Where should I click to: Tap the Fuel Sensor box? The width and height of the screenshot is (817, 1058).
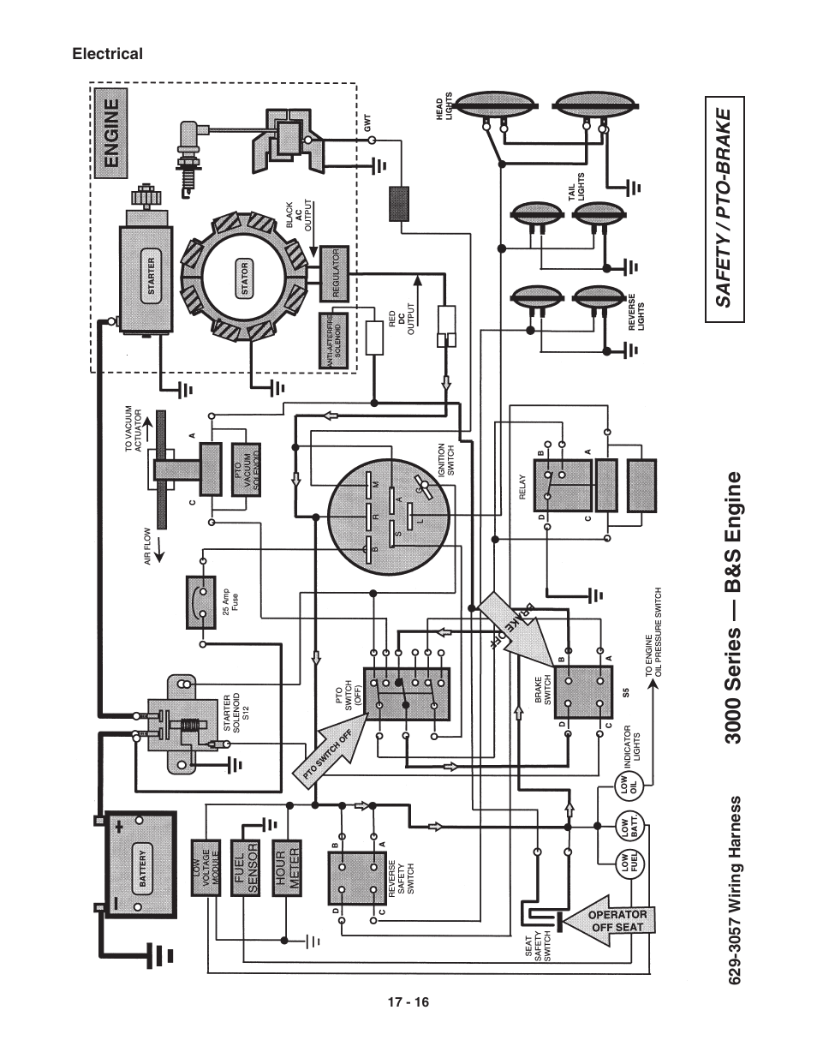pos(245,868)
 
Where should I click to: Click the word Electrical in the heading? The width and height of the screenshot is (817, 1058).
pos(107,54)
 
